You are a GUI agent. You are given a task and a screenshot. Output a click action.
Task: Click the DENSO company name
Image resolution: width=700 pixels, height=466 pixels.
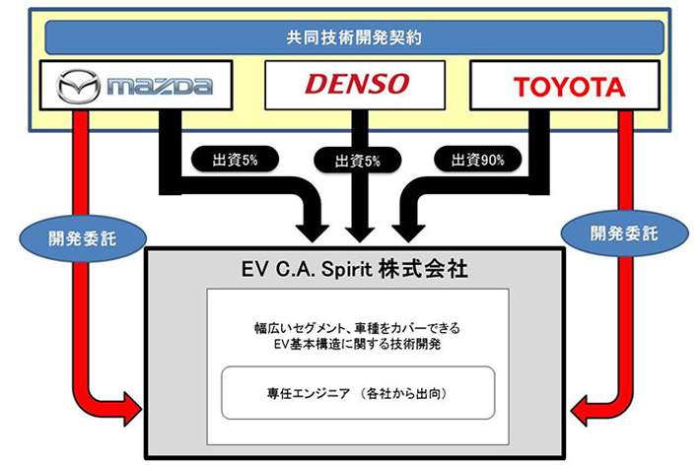356,84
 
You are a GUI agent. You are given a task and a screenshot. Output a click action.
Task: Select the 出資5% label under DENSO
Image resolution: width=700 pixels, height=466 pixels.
356,161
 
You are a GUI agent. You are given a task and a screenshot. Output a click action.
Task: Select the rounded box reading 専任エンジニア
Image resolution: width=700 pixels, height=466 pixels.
357,393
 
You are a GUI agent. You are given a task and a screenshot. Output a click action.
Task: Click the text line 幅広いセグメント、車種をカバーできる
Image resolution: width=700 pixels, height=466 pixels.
356,324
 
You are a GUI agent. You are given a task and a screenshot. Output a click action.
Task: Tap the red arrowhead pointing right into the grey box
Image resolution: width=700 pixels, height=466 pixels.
130,403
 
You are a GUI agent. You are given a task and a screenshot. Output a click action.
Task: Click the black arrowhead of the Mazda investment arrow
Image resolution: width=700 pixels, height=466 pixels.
315,228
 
